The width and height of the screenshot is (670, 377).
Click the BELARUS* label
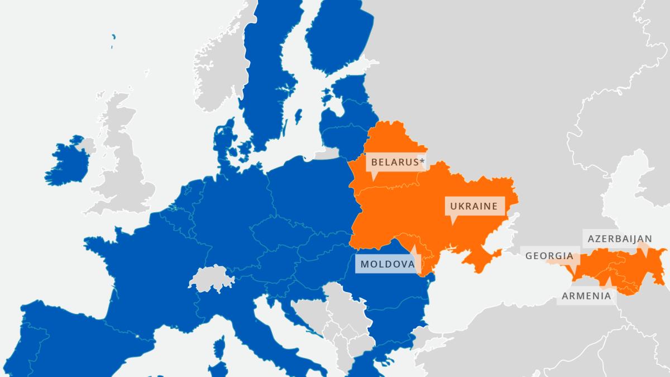(x=394, y=163)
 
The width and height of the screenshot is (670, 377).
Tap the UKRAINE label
(x=473, y=206)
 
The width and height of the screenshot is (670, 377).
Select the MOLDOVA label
(x=387, y=264)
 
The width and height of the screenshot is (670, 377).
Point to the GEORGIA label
(x=549, y=256)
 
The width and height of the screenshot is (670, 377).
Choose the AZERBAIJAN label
(x=620, y=239)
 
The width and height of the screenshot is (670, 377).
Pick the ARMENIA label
(x=586, y=296)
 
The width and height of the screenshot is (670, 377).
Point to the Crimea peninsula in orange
(x=487, y=258)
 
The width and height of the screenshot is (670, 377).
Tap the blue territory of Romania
(x=385, y=290)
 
